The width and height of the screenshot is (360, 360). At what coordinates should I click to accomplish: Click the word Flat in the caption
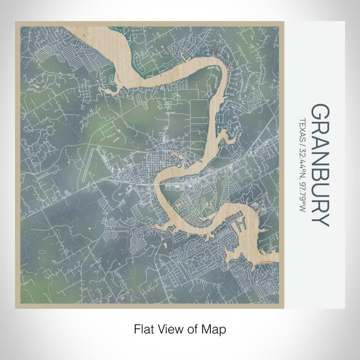[x=143, y=328]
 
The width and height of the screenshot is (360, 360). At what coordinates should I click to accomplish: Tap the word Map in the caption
[x=214, y=328]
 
